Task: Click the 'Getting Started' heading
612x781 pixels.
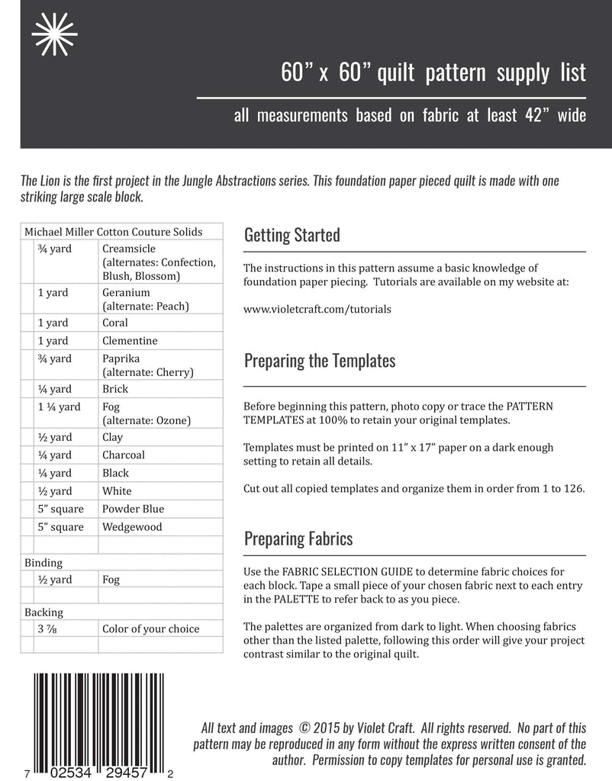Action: tap(292, 235)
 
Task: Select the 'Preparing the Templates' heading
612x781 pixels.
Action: tap(320, 361)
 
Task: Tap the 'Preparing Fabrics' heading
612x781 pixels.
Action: tap(298, 539)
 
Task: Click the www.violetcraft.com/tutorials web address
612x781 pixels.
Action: tap(317, 310)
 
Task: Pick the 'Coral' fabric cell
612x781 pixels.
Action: tap(115, 323)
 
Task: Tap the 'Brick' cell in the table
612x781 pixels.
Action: tap(114, 389)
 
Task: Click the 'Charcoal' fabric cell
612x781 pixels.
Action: tap(123, 455)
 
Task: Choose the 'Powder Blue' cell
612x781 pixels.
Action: tap(133, 509)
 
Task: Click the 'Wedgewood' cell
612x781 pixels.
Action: tap(132, 527)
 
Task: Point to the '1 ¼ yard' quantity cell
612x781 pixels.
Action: tap(59, 407)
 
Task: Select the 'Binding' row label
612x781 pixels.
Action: tap(43, 563)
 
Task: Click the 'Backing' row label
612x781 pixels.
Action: tap(43, 612)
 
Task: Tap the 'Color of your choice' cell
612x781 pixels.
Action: tap(150, 629)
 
